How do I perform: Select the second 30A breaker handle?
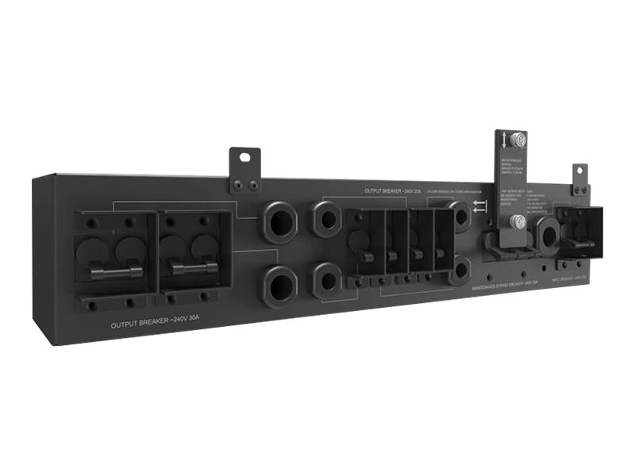(x=194, y=268)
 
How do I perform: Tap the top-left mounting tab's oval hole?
(x=244, y=158)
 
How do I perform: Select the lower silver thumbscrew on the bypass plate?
(x=517, y=221)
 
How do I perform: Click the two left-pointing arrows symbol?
(x=479, y=209)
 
